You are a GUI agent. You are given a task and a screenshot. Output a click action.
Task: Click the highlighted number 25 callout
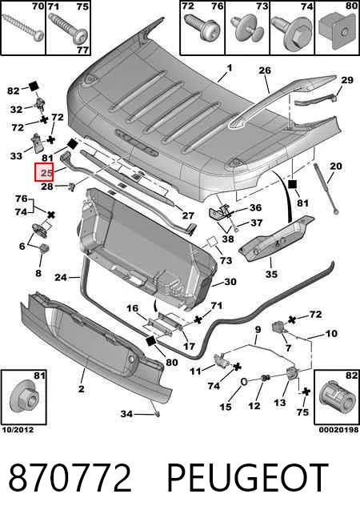pyautogui.click(x=44, y=172)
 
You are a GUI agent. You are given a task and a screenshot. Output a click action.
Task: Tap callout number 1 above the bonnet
pyautogui.click(x=230, y=68)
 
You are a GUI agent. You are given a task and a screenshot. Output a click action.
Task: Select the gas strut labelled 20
pyautogui.click(x=326, y=188)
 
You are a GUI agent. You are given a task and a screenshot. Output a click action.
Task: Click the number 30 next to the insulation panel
pyautogui.click(x=230, y=282)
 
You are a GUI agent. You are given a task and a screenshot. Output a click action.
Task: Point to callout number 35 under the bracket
pyautogui.click(x=271, y=274)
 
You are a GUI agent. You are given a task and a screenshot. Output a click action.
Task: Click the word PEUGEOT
pyautogui.click(x=247, y=478)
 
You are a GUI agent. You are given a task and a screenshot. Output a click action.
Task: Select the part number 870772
pyautogui.click(x=70, y=478)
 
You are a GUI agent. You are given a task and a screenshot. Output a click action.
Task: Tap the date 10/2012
pyautogui.click(x=18, y=430)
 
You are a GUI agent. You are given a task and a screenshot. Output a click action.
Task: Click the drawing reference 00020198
pyautogui.click(x=338, y=430)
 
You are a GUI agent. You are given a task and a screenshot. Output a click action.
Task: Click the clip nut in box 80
pyautogui.click(x=336, y=33)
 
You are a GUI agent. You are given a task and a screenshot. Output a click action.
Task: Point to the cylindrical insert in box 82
pyautogui.click(x=336, y=398)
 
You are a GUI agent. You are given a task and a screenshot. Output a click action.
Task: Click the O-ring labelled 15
pyautogui.click(x=243, y=382)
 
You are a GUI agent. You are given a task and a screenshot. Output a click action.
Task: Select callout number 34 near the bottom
pyautogui.click(x=126, y=414)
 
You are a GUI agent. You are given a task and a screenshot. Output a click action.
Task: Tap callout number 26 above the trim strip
pyautogui.click(x=265, y=70)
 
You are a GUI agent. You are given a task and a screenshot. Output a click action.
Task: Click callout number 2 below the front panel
pyautogui.click(x=82, y=388)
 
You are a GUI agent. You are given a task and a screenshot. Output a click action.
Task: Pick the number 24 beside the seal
pyautogui.click(x=61, y=277)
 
